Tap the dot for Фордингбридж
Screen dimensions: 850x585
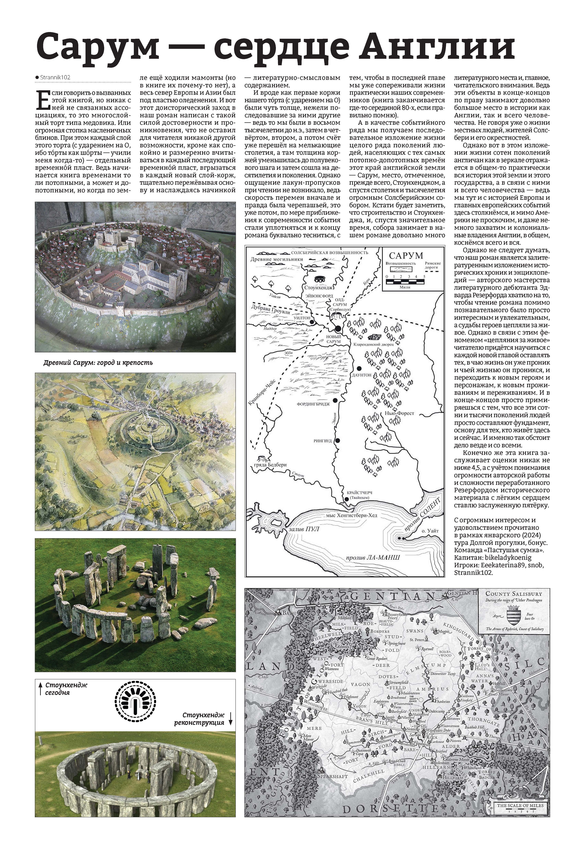click(335, 400)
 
